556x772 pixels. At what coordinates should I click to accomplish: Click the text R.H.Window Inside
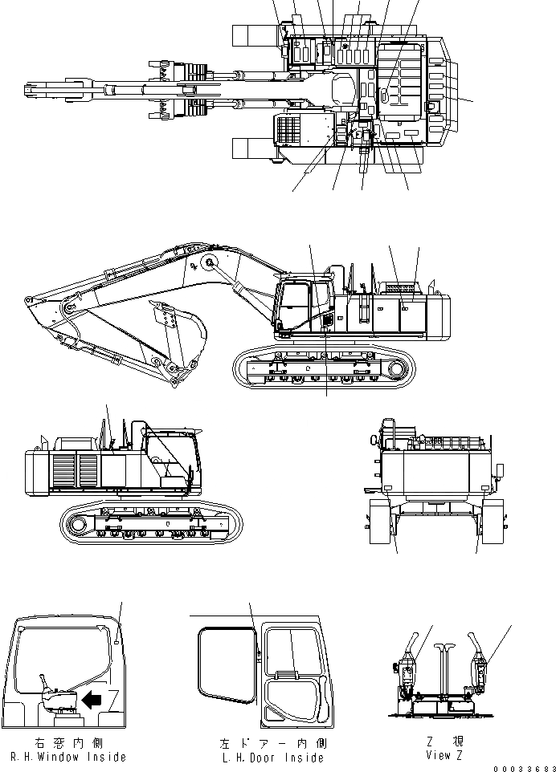click(67, 757)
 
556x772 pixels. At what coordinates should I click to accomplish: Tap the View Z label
click(439, 755)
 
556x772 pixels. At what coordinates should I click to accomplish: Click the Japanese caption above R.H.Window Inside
click(68, 744)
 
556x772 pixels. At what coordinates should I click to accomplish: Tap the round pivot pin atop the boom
click(210, 263)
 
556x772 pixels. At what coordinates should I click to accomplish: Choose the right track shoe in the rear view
click(491, 522)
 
